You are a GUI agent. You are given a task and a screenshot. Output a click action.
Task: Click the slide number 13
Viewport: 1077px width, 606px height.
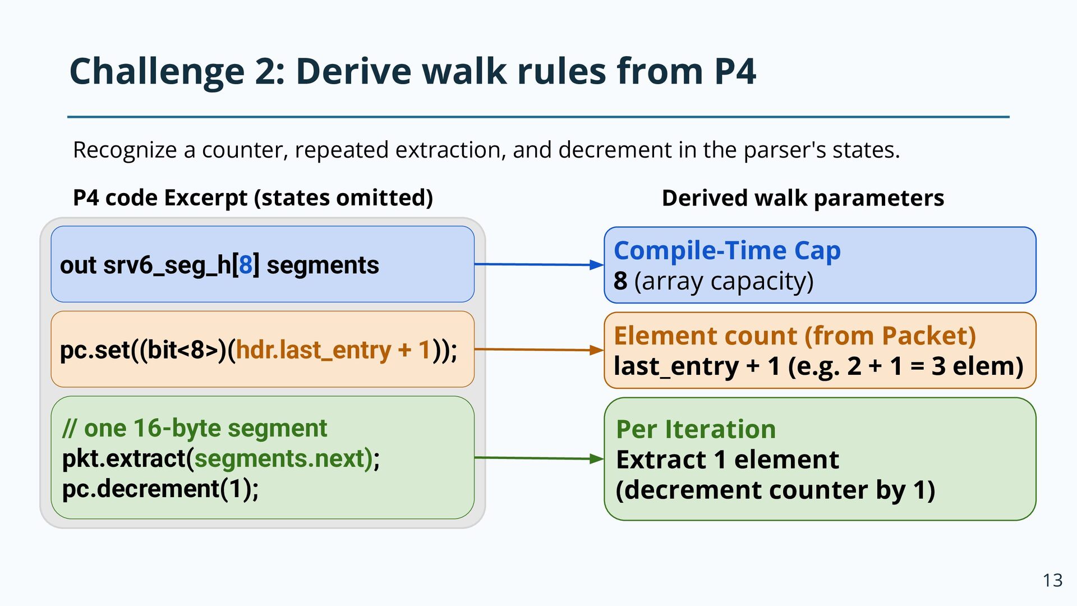(1052, 580)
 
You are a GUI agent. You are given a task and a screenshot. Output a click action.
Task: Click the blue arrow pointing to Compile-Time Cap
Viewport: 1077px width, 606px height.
(539, 264)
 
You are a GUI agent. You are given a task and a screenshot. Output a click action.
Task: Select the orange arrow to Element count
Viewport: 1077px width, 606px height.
(539, 350)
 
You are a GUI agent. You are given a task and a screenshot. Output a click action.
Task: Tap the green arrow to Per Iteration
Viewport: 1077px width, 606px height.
(539, 458)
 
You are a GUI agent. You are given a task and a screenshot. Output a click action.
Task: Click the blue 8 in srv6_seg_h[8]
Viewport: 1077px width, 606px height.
(246, 265)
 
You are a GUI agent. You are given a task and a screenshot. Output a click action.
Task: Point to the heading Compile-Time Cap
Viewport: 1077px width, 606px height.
(727, 250)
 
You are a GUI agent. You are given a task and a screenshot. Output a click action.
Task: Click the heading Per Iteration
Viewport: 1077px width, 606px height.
(696, 429)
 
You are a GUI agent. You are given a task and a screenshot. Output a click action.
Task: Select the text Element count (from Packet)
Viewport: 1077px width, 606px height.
(795, 336)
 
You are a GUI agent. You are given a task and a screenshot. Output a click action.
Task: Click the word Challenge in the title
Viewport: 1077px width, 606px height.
(157, 72)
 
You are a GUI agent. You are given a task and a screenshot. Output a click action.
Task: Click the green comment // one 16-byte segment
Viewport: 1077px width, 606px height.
(195, 428)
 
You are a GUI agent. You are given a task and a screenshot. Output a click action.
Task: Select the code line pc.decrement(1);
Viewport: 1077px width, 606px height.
(160, 489)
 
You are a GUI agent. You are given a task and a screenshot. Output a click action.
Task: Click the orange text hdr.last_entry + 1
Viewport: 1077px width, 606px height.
(333, 350)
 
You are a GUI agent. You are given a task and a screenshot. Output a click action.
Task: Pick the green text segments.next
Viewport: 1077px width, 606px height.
(280, 458)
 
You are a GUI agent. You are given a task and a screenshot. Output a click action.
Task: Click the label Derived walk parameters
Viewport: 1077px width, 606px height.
(803, 198)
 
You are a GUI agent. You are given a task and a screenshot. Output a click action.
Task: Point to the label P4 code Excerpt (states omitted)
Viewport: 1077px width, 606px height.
(253, 198)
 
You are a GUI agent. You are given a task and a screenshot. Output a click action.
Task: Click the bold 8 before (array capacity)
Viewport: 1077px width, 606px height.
(620, 281)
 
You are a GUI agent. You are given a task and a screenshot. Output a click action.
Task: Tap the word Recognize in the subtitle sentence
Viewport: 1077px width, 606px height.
(125, 150)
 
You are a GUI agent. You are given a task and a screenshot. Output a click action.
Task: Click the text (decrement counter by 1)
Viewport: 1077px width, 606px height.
(775, 490)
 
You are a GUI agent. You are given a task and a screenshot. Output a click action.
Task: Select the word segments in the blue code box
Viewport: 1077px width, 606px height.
(323, 265)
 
